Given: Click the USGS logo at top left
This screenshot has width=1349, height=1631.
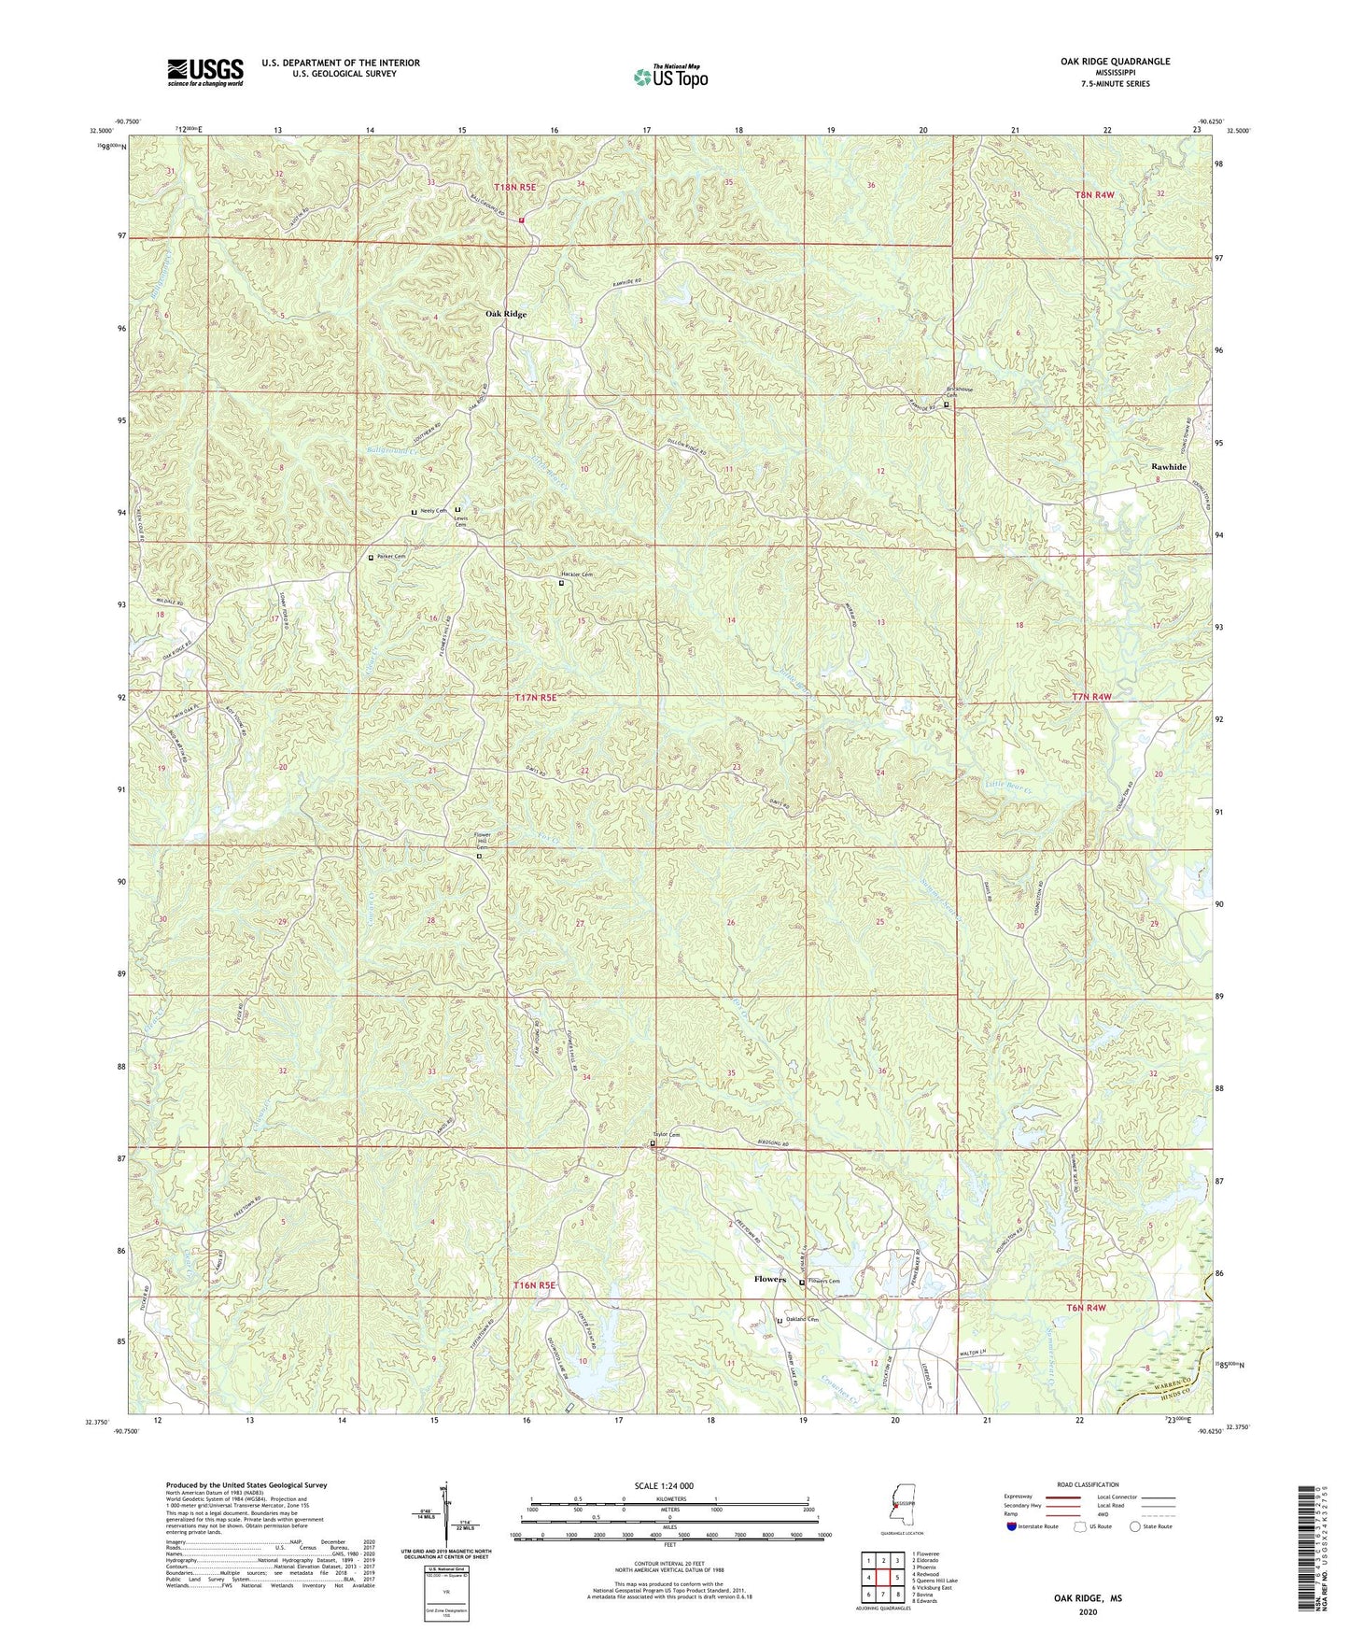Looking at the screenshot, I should [205, 71].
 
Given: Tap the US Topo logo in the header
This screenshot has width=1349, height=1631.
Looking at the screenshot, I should [669, 78].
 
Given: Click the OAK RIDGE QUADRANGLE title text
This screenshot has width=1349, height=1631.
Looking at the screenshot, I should [1115, 62].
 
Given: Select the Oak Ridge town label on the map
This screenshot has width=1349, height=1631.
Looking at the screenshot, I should [505, 315].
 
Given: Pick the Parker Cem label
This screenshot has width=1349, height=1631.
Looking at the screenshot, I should [392, 557].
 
